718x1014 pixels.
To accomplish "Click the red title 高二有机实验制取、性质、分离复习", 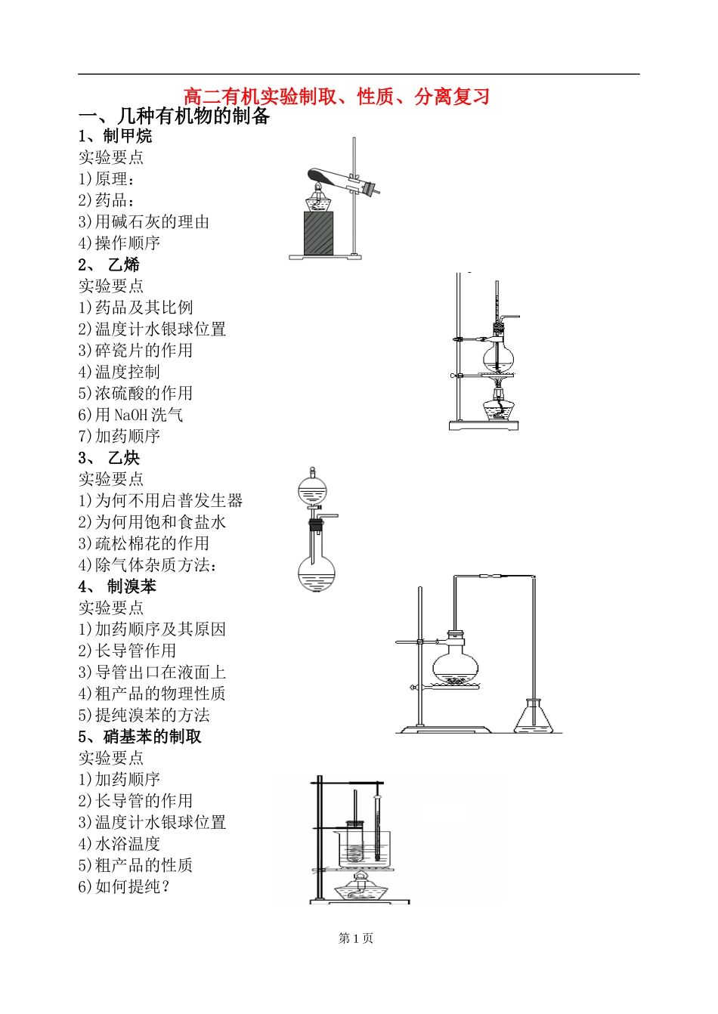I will point(336,97).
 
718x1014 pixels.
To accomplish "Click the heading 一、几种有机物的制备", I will point(175,116).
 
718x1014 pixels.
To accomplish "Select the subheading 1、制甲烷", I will point(115,136).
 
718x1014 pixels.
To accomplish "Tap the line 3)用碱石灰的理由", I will point(144,222).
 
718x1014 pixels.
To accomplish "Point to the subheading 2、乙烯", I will point(109,264).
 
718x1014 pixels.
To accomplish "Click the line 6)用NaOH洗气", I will point(130,415).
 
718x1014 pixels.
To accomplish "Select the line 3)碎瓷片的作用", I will point(135,351).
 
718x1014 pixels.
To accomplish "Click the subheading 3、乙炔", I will point(109,458).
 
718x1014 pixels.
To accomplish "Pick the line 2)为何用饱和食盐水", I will point(152,522).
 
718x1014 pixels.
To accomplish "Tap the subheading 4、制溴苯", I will point(117,586).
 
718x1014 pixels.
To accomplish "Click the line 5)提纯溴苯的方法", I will point(144,716).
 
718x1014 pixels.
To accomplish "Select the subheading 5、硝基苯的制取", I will point(140,737).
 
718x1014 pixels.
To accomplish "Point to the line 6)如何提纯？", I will point(125,887).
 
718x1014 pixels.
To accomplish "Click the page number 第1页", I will point(356,938).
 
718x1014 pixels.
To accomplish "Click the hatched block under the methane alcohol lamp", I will point(318,233).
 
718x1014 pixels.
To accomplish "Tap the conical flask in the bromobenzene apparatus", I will point(538,718).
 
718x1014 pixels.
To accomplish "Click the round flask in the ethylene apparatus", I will point(498,355).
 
